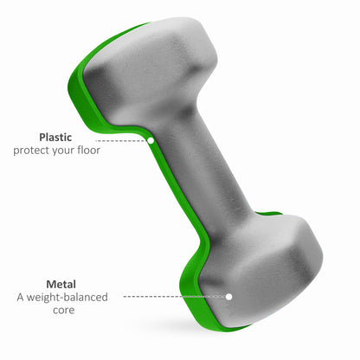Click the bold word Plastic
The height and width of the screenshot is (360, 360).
(55, 137)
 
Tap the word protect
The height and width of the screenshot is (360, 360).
(32, 151)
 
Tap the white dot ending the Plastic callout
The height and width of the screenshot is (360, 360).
(151, 139)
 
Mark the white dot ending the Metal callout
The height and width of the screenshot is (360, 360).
(229, 296)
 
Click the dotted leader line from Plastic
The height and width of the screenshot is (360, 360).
(121, 139)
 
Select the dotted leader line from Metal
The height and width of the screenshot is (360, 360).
(173, 296)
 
